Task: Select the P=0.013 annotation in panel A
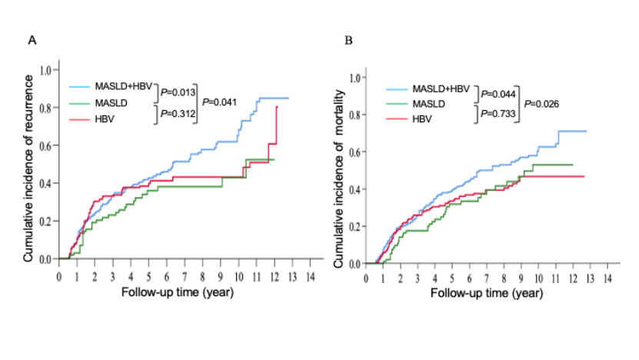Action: click(176, 92)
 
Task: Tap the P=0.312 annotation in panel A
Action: click(176, 114)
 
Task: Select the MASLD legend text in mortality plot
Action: click(430, 103)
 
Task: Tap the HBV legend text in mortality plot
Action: click(422, 118)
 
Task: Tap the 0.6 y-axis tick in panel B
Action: click(355, 152)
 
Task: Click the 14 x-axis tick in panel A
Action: click(310, 276)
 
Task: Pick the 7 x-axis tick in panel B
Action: click(486, 278)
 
